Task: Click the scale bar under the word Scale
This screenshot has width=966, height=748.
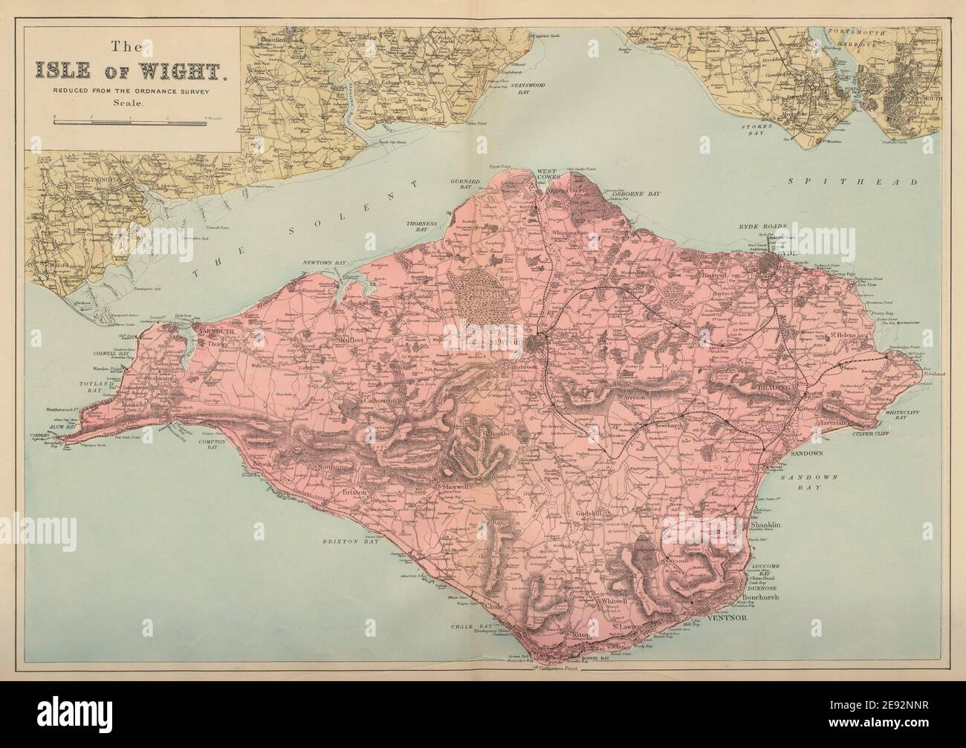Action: click(x=130, y=118)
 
